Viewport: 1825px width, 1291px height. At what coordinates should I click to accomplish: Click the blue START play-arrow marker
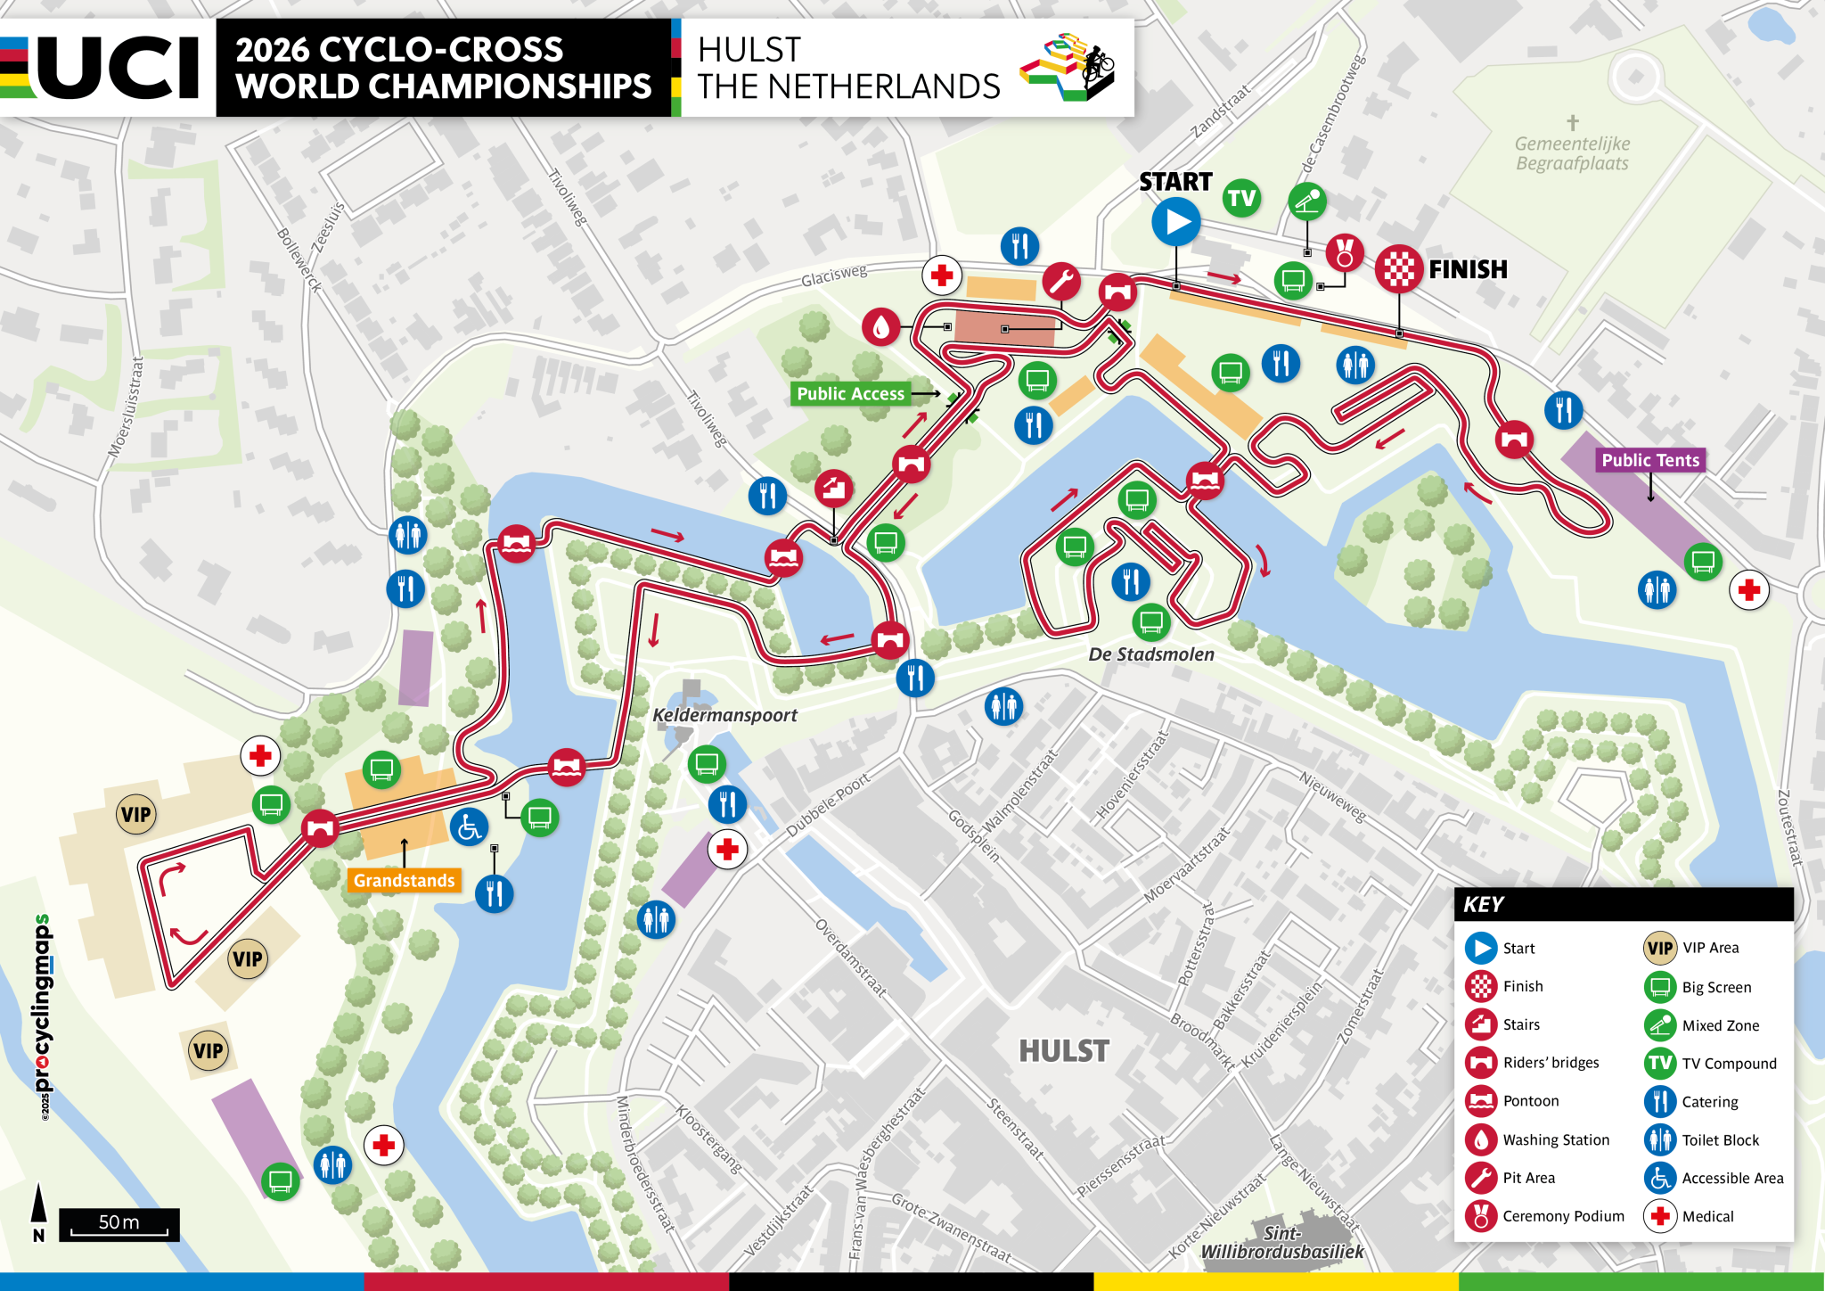tap(1175, 222)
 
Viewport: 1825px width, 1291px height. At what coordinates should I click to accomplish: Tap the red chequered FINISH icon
tap(1398, 268)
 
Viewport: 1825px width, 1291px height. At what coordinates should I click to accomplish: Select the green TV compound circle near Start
tap(1241, 198)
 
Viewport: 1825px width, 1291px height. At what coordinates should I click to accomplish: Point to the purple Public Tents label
tap(1649, 460)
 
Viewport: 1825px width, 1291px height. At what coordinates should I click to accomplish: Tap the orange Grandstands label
tap(404, 880)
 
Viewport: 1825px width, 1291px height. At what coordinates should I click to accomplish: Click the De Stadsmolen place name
tap(1150, 654)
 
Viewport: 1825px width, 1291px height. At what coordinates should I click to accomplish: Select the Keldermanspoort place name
tap(724, 714)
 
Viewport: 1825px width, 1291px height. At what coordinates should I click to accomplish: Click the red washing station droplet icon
tap(880, 327)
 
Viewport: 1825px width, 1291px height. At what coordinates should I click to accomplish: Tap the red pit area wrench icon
tap(1061, 282)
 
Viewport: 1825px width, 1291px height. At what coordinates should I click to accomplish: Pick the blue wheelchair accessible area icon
tap(469, 827)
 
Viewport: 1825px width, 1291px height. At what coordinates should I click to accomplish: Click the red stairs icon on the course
tap(834, 488)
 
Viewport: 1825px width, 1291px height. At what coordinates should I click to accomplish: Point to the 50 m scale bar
tap(119, 1223)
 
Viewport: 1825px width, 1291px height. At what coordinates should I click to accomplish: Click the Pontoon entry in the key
tap(1530, 1101)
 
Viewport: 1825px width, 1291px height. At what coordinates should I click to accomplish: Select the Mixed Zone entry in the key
tap(1720, 1025)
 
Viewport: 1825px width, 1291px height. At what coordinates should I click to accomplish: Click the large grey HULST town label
tap(1063, 1050)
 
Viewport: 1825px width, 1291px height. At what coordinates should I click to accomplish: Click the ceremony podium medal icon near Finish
tap(1344, 252)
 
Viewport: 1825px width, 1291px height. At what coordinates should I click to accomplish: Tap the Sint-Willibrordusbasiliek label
tap(1281, 1242)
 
